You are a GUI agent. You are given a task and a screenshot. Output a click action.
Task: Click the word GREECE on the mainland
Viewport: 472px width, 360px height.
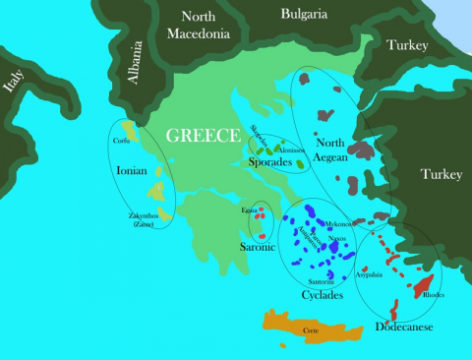coord(203,136)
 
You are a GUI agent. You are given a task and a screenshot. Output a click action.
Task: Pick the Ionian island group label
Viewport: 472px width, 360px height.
coord(132,170)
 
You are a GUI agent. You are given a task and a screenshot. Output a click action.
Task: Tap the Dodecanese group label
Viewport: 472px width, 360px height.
coord(405,326)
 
